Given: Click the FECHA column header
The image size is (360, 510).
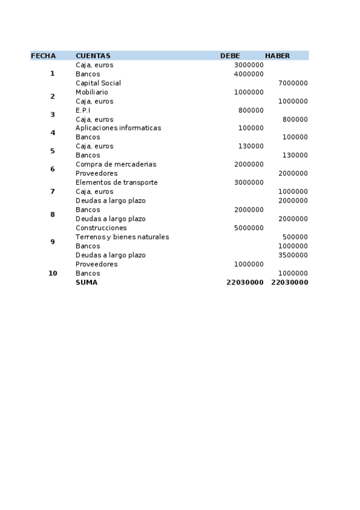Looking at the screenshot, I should [x=43, y=56].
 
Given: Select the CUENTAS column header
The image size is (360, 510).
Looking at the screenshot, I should [x=93, y=56].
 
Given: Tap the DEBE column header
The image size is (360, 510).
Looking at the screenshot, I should [x=230, y=56].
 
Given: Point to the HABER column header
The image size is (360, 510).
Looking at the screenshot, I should [x=277, y=56].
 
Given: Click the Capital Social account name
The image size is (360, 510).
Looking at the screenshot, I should [x=98, y=83].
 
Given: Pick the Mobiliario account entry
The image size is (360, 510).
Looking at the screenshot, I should [x=92, y=92].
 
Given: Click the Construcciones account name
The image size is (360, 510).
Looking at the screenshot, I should [x=101, y=228].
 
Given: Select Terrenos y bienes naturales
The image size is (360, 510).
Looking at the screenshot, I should [x=122, y=237].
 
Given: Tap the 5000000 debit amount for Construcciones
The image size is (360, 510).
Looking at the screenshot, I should [x=249, y=228].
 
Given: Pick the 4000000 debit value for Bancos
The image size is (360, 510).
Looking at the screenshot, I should [x=249, y=74].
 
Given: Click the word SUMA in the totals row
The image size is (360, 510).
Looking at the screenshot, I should [x=87, y=282].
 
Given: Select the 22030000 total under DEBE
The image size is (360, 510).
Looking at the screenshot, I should [x=245, y=282].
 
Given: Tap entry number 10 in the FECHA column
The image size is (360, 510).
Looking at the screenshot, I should [x=53, y=273].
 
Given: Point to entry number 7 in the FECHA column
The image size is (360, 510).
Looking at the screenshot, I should [x=52, y=191].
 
